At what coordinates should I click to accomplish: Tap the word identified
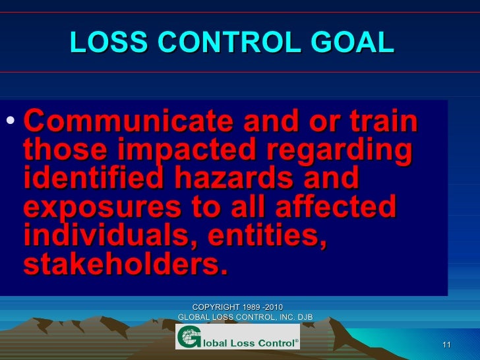coord(90,179)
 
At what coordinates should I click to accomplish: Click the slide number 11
coord(446,346)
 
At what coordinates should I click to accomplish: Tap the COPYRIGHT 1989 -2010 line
coord(237,307)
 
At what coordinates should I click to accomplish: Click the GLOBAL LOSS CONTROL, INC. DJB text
coord(245,318)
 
